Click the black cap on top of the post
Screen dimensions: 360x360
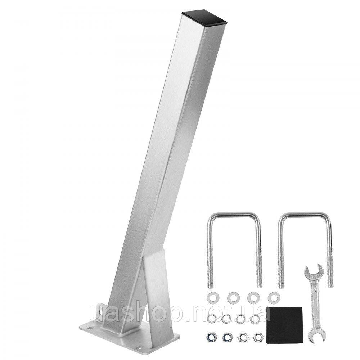[204, 18]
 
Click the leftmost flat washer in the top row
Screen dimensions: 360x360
[213, 298]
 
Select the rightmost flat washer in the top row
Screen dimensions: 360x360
[273, 298]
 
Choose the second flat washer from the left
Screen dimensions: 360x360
[233, 298]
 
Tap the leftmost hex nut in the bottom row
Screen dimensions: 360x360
[211, 337]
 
